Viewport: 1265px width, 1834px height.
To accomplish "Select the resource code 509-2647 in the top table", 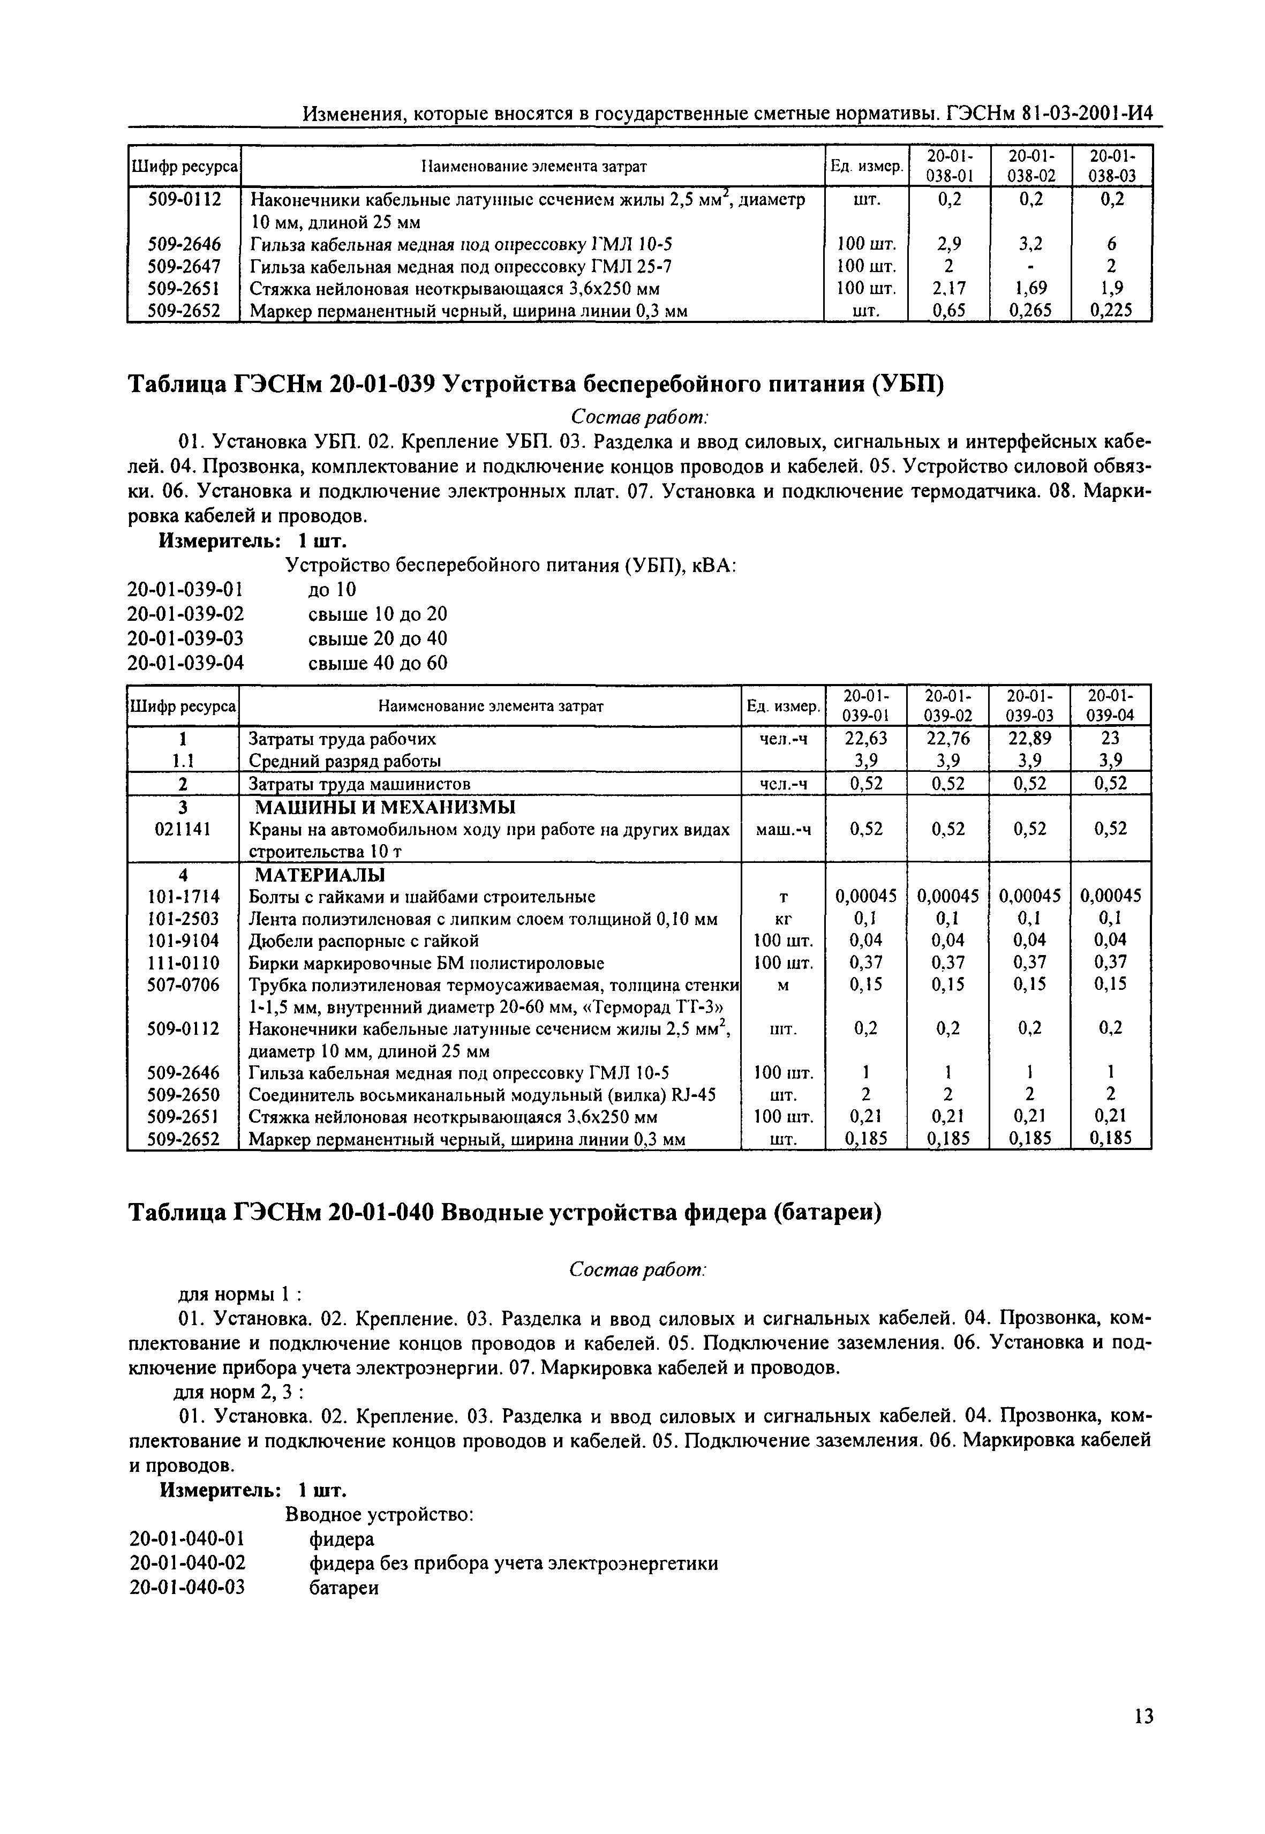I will point(184,266).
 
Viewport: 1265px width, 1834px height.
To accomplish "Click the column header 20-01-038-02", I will point(1031,166).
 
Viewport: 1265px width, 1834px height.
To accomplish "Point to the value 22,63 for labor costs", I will point(865,739).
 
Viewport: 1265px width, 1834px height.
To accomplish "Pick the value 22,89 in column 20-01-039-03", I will point(1029,739).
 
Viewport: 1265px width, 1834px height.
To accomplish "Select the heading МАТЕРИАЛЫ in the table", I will point(319,875).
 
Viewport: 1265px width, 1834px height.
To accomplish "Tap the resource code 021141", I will point(184,829).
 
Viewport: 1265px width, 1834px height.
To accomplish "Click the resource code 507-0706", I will point(184,984).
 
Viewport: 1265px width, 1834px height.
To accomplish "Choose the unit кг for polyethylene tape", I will point(783,919).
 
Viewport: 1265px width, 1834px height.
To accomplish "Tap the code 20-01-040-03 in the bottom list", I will point(187,1588).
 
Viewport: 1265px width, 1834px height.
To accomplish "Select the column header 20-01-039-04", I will point(1110,704).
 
